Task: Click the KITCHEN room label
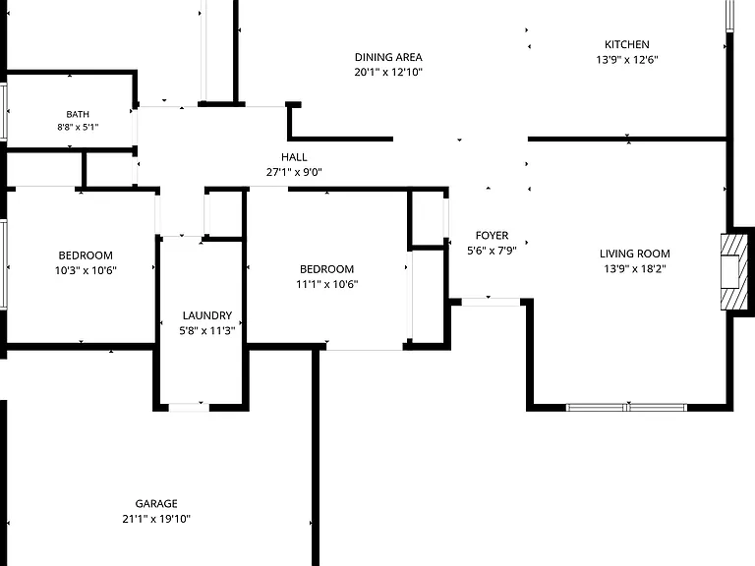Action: tap(627, 45)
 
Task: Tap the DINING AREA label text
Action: tap(388, 57)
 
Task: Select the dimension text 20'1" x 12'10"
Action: tap(388, 72)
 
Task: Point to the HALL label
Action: tap(294, 157)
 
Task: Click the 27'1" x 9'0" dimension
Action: tap(294, 172)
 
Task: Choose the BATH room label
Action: tap(78, 114)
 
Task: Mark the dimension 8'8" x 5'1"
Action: tap(78, 127)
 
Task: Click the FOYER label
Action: tap(493, 236)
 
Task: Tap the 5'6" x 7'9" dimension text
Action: tap(493, 251)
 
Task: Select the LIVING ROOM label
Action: tap(635, 254)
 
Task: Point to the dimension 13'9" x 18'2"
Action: tap(635, 268)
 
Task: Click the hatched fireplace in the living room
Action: tap(734, 272)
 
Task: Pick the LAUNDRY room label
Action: tap(207, 315)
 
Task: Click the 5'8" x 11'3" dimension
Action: tap(207, 330)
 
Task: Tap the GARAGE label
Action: tap(156, 504)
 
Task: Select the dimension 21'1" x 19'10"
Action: tap(156, 519)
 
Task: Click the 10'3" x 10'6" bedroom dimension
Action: tap(86, 270)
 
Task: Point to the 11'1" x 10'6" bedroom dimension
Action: tap(327, 284)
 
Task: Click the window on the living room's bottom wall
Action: tap(626, 408)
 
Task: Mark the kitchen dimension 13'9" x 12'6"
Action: tap(627, 60)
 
